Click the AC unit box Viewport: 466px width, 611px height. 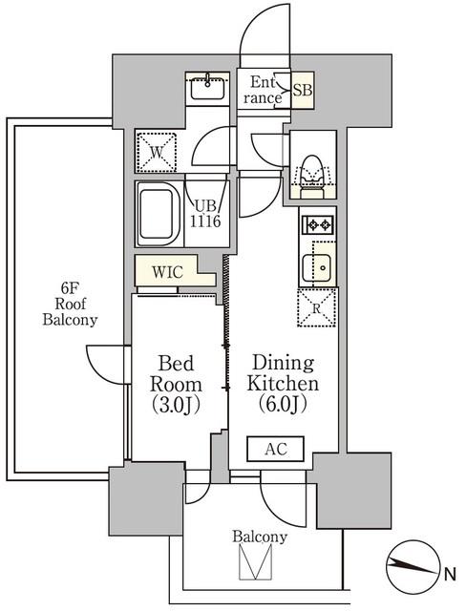coord(275,449)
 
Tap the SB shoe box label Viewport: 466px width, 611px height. coord(303,90)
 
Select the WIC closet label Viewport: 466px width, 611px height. coord(167,271)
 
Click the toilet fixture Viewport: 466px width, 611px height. coord(312,177)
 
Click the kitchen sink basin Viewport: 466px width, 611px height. coord(317,267)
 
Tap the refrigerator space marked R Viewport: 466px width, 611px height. coord(317,307)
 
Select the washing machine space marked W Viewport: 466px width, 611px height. coord(157,152)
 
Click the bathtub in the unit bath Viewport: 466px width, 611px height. coord(157,214)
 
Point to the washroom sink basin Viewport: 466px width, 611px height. coord(207,89)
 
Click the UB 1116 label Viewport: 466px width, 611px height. coord(205,214)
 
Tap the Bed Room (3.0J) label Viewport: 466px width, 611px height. coord(176,384)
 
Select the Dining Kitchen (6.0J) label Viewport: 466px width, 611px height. coord(283,384)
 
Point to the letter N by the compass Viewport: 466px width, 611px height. coord(451,575)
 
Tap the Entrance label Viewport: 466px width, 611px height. coord(263,90)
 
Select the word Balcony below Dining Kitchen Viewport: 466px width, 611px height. coord(260,537)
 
